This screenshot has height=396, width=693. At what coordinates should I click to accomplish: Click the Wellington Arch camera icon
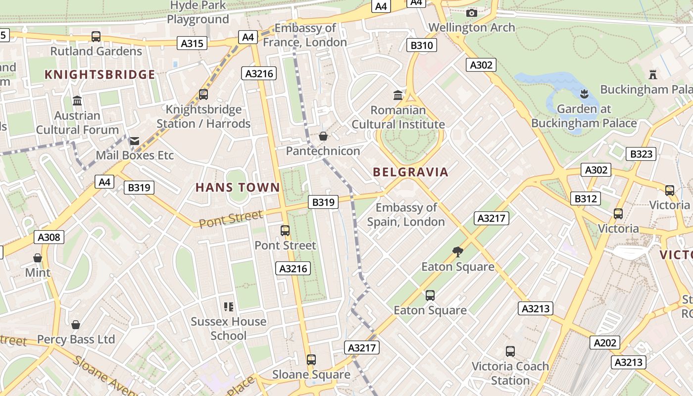(x=472, y=13)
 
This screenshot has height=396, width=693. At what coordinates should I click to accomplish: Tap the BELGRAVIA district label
(x=410, y=172)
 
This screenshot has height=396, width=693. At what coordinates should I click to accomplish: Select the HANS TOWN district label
(x=238, y=188)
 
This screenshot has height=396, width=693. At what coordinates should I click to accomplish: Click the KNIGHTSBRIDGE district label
(x=100, y=75)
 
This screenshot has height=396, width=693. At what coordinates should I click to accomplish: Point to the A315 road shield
(x=192, y=44)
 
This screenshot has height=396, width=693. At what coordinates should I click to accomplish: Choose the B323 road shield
(x=641, y=154)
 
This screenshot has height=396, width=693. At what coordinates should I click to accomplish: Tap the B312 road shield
(x=586, y=198)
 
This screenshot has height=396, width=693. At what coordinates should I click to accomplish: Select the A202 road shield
(x=605, y=343)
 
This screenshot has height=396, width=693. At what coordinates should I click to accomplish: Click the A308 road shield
(x=49, y=237)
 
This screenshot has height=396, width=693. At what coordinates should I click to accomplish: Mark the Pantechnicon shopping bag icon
(x=323, y=136)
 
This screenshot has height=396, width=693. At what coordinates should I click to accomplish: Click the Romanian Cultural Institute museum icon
(x=398, y=95)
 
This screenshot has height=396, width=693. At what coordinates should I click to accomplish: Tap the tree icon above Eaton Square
(x=458, y=252)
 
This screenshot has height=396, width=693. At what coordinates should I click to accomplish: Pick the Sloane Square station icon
(x=311, y=360)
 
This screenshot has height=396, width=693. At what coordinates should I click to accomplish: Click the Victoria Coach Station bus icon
(x=510, y=351)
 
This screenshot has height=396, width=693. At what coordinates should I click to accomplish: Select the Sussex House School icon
(x=228, y=307)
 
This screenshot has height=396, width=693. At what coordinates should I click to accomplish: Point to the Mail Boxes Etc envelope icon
(x=135, y=141)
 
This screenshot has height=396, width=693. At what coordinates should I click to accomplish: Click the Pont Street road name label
(x=231, y=218)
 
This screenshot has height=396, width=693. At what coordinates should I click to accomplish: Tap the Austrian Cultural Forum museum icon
(x=77, y=100)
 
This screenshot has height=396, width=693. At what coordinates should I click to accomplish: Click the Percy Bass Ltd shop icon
(x=76, y=325)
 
